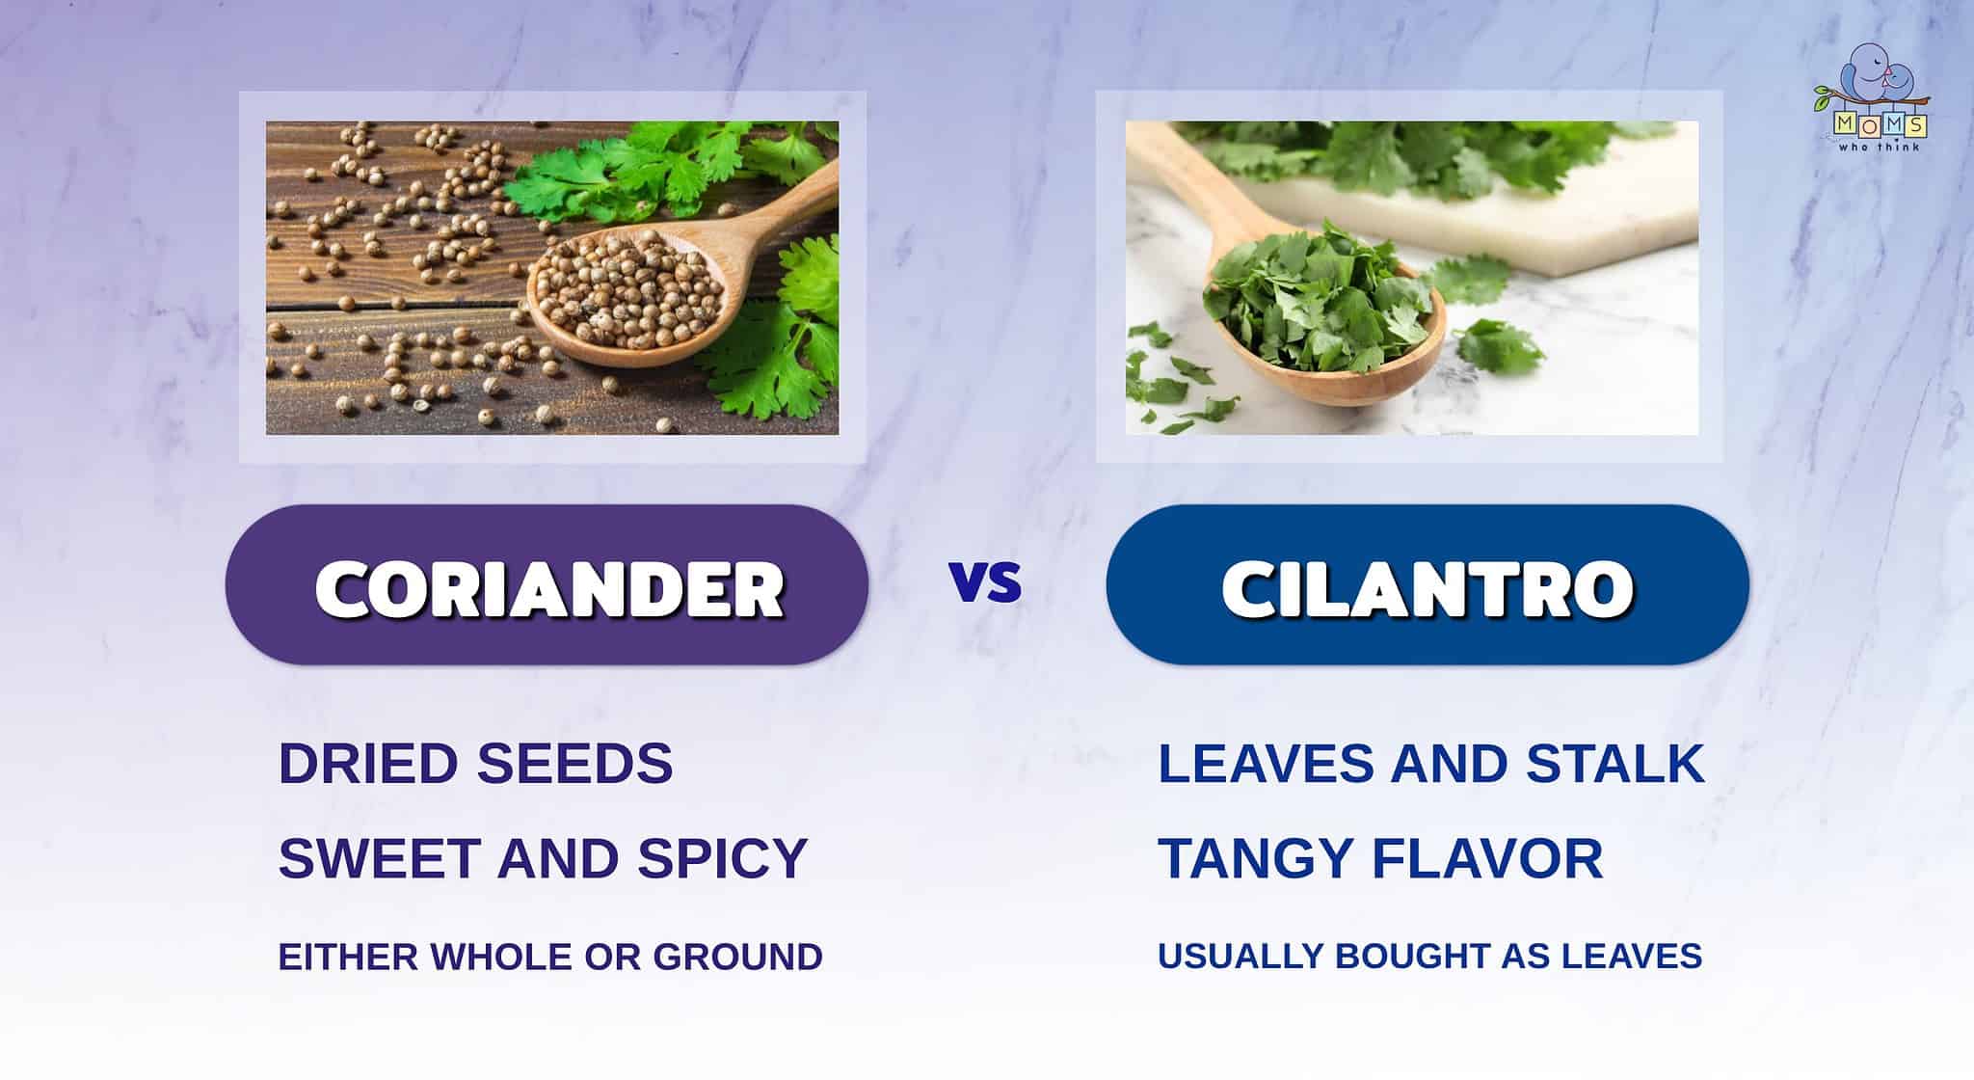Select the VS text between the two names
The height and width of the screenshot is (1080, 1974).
point(985,582)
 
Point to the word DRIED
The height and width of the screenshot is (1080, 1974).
point(367,764)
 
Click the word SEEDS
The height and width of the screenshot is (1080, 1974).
point(575,764)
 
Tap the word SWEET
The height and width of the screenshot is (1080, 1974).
point(379,858)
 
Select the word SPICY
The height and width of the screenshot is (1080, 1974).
point(722,858)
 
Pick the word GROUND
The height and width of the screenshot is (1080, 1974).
point(737,957)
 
